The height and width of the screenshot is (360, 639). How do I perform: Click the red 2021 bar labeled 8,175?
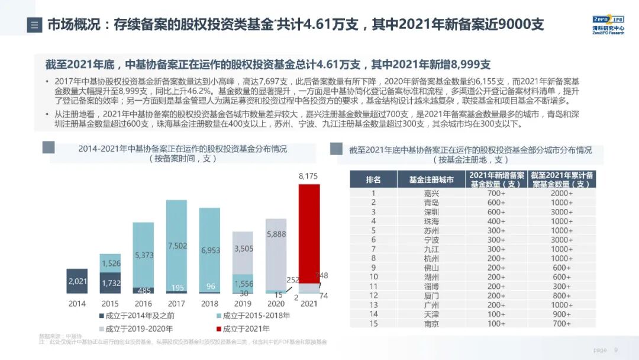click(313, 231)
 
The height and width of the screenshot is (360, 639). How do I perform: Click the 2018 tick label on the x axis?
click(210, 304)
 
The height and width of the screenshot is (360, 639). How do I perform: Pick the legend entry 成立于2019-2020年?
click(140, 329)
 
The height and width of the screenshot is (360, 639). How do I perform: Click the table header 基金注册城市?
click(431, 179)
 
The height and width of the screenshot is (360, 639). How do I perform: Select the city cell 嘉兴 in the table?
click(431, 193)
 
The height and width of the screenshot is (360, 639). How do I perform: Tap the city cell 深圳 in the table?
click(431, 211)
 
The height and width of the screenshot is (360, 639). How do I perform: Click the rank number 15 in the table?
click(373, 324)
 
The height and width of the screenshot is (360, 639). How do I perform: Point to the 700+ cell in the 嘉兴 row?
click(496, 193)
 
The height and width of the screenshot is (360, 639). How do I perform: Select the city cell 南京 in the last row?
click(431, 324)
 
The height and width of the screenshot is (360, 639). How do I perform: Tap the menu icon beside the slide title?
click(34, 25)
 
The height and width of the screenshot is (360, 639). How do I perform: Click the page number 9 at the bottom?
click(616, 350)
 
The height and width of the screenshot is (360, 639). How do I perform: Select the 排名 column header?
click(373, 179)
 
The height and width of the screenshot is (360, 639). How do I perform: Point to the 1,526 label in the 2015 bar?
click(111, 263)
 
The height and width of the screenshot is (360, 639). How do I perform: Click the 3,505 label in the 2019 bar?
click(243, 249)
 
